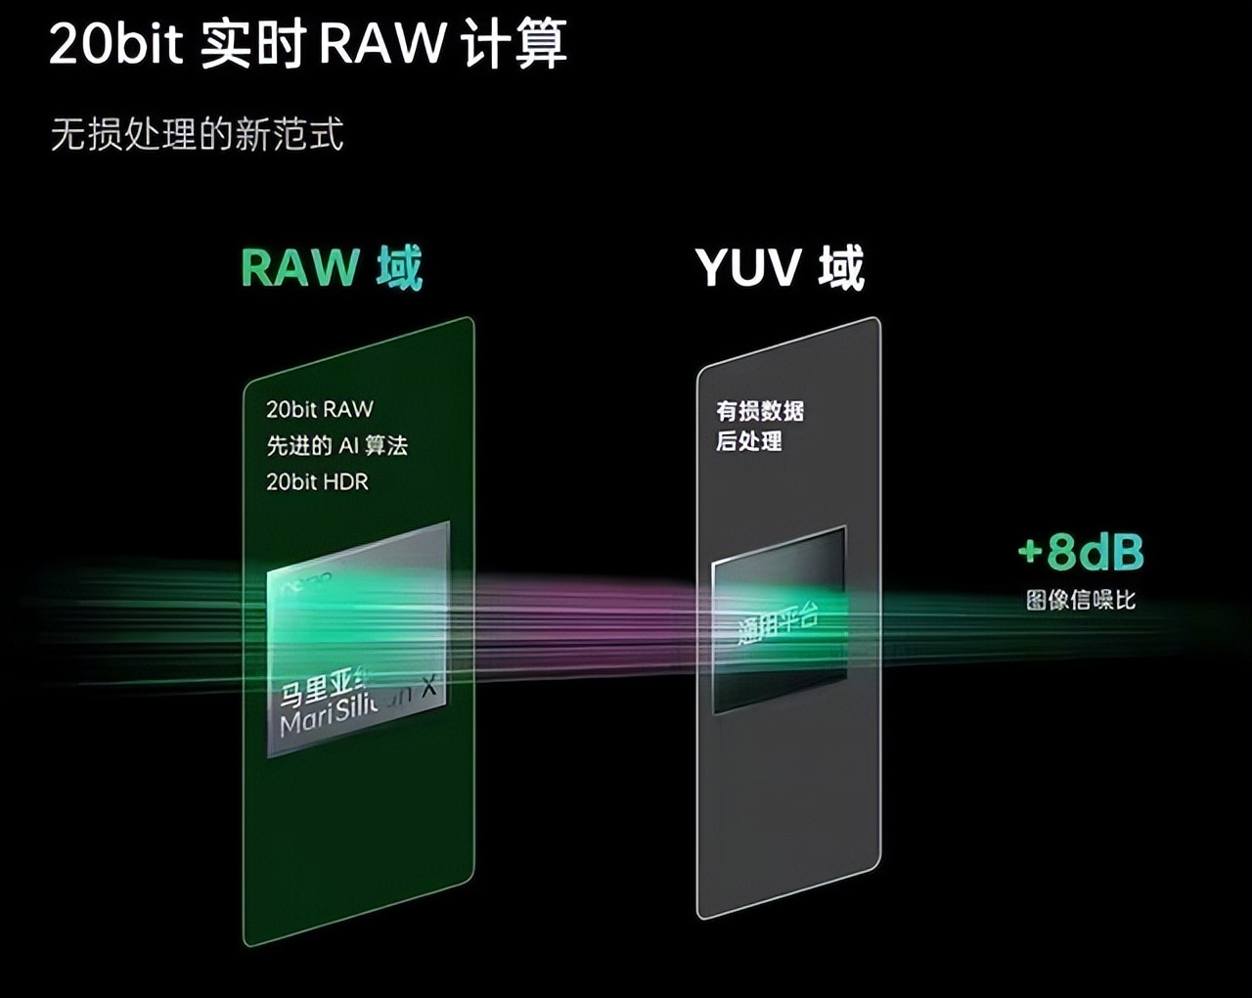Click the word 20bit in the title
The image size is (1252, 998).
coord(115,44)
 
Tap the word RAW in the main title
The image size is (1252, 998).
coord(382,44)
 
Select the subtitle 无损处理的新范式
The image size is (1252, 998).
coord(197,134)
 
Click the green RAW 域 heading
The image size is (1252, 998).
coord(331,268)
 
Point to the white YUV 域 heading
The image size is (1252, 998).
coord(780,268)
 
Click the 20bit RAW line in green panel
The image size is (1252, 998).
coord(320,409)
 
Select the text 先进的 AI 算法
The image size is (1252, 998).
coord(336,445)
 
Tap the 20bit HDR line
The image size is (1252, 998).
coord(317,481)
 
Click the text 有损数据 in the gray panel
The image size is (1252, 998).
coord(759,411)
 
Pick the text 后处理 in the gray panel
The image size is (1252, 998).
coord(748,441)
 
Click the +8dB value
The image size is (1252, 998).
coord(1081,553)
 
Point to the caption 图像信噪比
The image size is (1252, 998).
coord(1081,600)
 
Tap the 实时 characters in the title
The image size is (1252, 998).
coord(253,44)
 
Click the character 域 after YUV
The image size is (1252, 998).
coord(841,268)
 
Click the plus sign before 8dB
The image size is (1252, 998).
coord(1030,553)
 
